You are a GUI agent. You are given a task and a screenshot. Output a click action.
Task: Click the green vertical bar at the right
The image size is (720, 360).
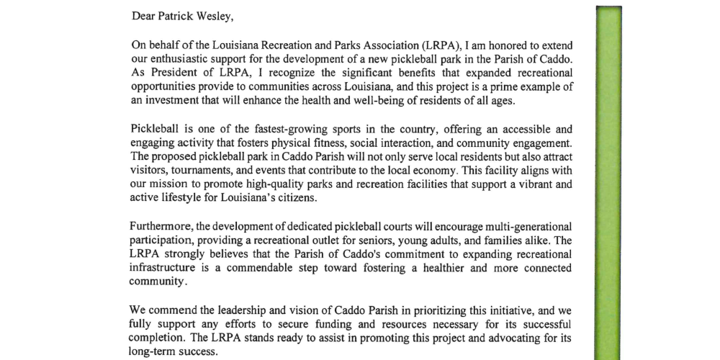point(607,180)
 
